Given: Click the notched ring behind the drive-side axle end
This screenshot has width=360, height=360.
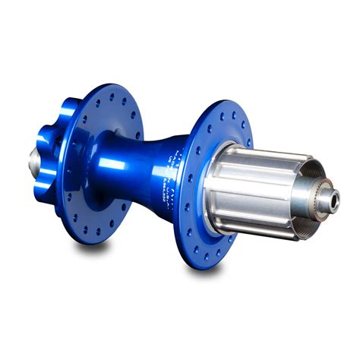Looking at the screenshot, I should coord(320,199).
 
